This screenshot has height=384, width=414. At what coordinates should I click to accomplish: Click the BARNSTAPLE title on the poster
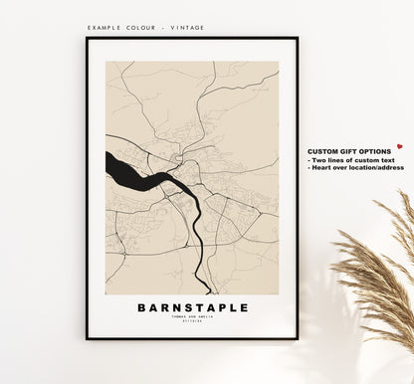192,307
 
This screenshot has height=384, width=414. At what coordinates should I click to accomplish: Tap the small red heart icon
399,146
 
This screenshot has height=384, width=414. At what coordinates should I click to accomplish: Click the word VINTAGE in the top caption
187,28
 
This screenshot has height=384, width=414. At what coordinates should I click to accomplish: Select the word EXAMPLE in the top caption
105,28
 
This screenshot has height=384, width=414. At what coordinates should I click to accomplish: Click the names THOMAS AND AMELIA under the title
192,317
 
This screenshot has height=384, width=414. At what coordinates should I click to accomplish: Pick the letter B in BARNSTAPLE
141,307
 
